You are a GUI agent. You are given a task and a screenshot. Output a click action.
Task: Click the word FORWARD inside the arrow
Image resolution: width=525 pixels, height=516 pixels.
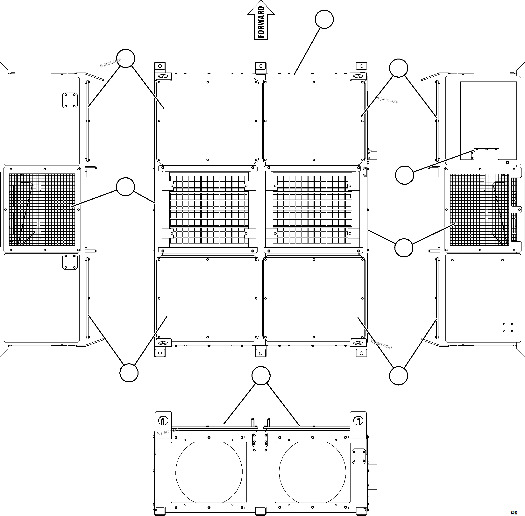261,22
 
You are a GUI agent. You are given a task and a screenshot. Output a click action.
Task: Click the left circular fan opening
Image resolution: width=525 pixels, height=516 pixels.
209,472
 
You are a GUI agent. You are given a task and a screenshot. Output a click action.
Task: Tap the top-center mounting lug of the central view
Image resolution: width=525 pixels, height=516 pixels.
260,66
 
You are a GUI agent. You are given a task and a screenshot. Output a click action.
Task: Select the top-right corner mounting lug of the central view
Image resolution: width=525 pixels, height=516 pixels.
361,66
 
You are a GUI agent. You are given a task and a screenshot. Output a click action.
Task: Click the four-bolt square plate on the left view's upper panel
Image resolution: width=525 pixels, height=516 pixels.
70,100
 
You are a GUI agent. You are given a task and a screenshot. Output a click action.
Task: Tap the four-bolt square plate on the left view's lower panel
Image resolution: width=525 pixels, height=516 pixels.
70,262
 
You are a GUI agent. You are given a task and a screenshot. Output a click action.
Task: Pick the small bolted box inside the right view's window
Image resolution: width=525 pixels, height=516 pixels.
486,154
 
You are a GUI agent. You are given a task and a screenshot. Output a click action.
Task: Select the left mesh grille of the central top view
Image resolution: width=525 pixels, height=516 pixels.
209,209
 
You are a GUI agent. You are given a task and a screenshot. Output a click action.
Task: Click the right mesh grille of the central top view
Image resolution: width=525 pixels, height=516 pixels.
312,209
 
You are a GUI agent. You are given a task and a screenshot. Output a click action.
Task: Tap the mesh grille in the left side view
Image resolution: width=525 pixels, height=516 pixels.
42,209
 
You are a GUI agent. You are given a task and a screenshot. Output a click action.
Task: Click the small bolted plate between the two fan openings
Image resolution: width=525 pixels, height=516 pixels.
260,439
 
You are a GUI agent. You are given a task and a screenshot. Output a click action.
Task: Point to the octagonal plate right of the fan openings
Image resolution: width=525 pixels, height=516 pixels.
358,456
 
